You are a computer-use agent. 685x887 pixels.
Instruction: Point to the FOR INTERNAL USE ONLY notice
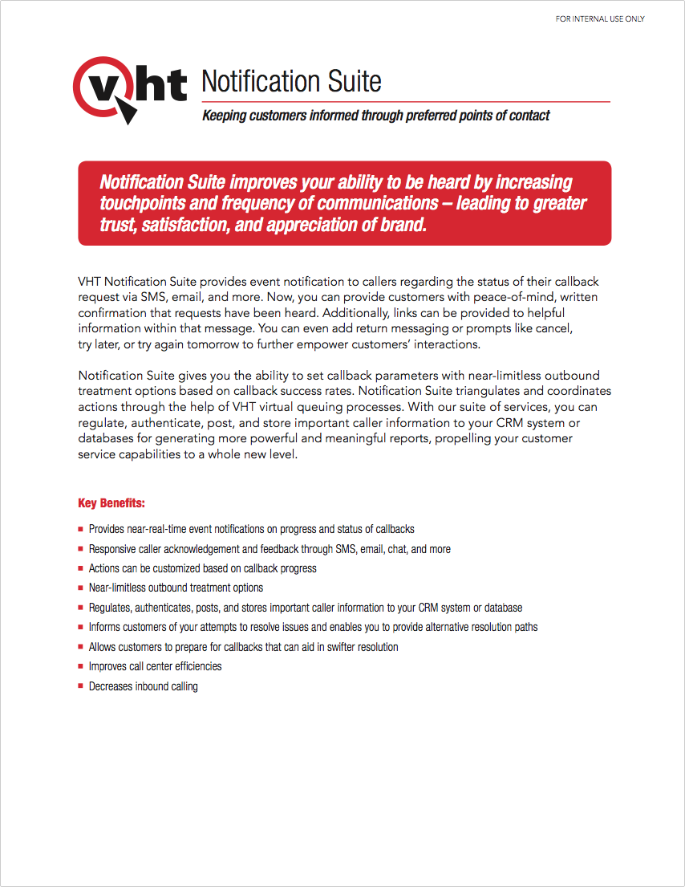600,19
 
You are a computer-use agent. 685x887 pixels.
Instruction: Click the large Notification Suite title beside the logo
291,81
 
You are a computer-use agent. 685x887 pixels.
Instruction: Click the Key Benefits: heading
111,503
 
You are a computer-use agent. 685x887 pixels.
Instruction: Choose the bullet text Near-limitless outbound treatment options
176,588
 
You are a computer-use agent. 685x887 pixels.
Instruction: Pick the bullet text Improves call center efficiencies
155,666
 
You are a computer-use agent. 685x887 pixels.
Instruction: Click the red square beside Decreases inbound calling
81,686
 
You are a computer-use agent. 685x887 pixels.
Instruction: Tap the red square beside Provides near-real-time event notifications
81,530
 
